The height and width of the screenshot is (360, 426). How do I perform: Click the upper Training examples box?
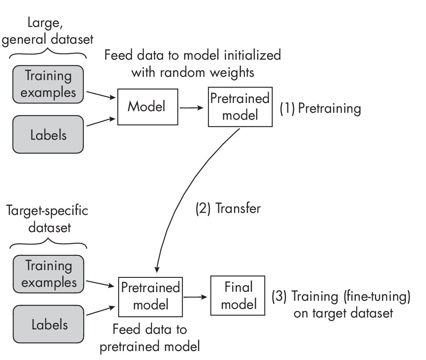click(x=48, y=84)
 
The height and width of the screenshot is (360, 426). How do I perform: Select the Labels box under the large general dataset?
click(x=48, y=134)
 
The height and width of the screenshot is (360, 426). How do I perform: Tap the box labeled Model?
click(x=147, y=107)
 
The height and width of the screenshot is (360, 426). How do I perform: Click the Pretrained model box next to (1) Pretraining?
click(x=240, y=107)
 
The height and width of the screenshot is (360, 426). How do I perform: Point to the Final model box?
click(x=238, y=295)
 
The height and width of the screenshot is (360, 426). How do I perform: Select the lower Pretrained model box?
click(x=150, y=297)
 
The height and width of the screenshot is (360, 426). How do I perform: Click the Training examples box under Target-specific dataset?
click(x=48, y=274)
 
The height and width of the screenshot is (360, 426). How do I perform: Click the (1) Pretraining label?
click(x=320, y=108)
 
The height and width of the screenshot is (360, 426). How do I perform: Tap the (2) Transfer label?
click(x=228, y=208)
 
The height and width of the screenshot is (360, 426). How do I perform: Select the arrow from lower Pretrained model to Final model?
click(x=196, y=297)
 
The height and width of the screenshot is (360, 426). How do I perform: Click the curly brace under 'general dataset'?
click(x=48, y=54)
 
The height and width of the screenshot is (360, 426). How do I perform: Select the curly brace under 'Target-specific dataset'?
click(x=48, y=244)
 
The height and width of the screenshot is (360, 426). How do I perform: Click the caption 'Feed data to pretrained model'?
click(x=150, y=338)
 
